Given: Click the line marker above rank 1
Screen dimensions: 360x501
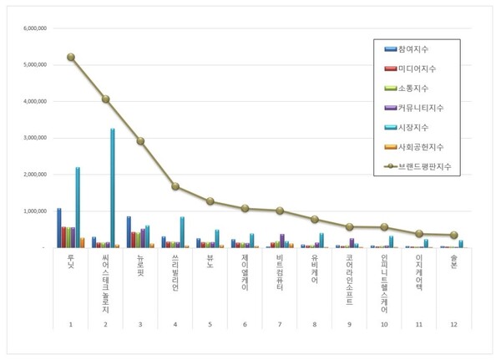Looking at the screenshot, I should coord(71,57).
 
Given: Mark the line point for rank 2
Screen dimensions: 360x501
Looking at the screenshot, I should coord(106,99).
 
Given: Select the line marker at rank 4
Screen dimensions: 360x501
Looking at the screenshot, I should coord(175,186).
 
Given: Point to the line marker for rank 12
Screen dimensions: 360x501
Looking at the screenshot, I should coord(454,235).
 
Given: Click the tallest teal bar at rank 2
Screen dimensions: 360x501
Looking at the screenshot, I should coord(112,188).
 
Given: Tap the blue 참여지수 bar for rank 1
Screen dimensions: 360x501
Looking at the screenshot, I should coord(58,227).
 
